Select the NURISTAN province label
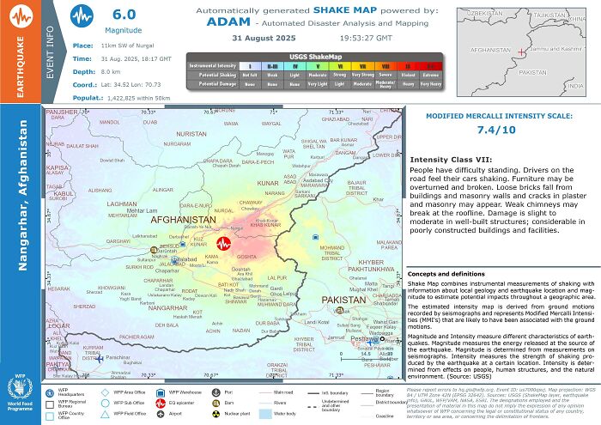point(191,135)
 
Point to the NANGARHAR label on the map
point(167,307)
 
